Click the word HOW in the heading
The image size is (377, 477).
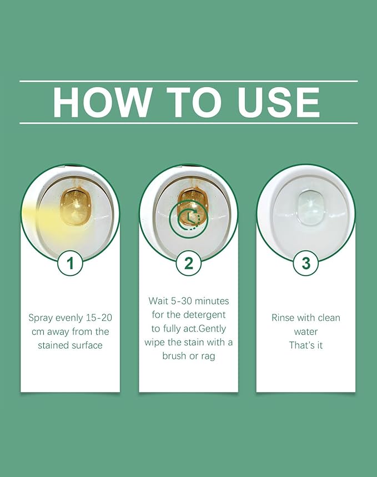coord(102,102)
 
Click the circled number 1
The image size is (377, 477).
coord(71,263)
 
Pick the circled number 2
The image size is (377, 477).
coord(189,263)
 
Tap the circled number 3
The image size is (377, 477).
coord(306,263)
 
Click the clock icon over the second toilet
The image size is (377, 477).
coord(189,218)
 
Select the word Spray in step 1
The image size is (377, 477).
coord(42,318)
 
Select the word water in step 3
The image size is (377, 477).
coord(306,332)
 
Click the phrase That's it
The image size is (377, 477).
coord(306,345)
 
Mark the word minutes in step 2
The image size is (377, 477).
coord(212,301)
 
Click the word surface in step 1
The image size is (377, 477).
coord(87,345)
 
